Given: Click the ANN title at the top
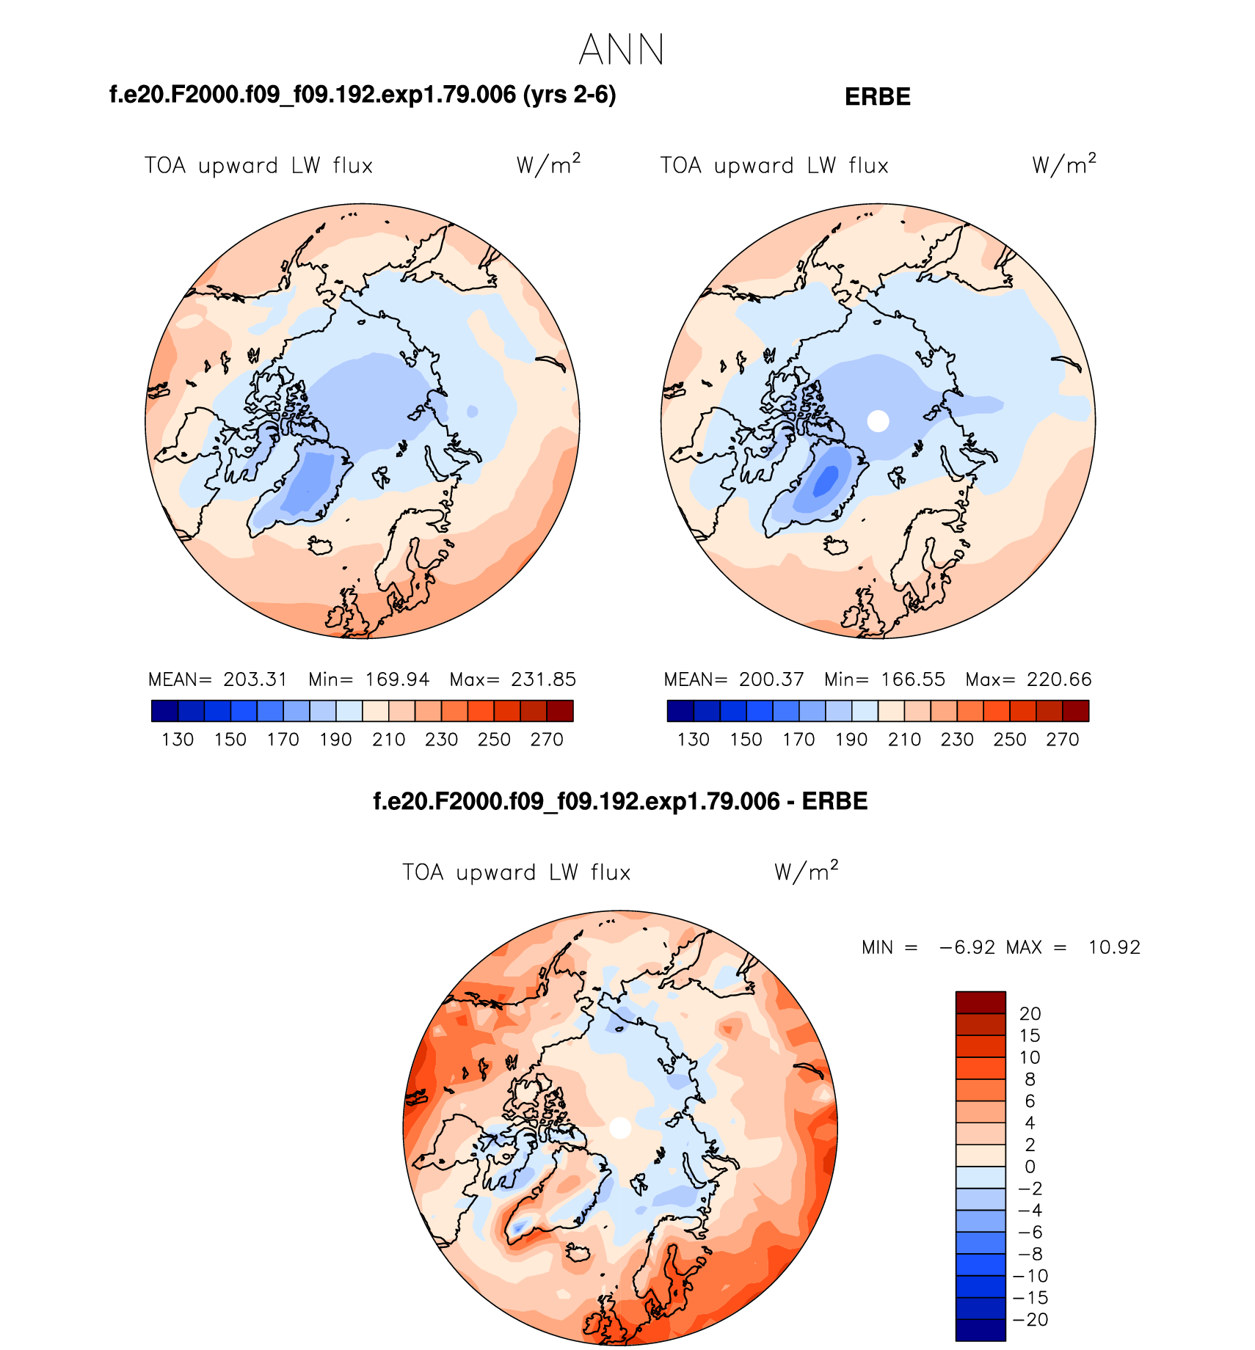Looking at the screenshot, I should point(621,50).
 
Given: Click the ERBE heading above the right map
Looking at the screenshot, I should point(877,97).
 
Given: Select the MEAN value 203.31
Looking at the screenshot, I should point(255,679).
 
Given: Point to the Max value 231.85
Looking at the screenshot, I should point(543,679).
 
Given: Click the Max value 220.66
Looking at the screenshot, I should point(1059,679).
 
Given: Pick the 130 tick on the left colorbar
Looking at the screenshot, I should point(178,740).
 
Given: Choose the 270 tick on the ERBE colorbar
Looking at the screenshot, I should point(1062,740).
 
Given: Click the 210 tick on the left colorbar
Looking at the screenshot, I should point(388,740).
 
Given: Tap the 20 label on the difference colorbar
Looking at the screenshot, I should point(1030,1014).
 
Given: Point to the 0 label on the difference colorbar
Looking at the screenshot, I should point(1030,1167).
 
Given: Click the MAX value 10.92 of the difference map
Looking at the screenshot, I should point(1113,947).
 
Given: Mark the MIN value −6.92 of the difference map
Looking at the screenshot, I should point(967,947).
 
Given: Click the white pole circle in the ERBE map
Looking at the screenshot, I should point(878,421).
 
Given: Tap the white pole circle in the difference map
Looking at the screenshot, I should point(620,1128).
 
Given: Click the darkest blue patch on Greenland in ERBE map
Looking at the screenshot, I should point(827,481).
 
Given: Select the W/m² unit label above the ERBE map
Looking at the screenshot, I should point(1063,164).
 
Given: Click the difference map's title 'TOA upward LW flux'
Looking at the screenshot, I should point(516,872).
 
